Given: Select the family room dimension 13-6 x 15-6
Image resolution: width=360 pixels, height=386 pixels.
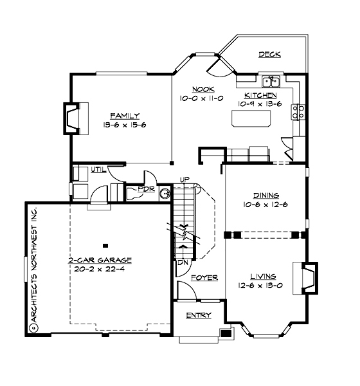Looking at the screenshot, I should (x=125, y=125).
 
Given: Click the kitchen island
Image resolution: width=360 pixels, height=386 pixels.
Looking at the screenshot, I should (x=251, y=119).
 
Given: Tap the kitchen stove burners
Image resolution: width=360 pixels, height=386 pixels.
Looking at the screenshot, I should (x=298, y=113).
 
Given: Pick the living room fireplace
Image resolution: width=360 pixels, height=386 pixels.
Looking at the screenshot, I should (x=309, y=276).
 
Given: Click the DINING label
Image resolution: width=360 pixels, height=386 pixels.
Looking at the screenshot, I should (x=265, y=196).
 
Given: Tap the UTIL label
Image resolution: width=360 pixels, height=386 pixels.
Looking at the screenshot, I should (x=98, y=169).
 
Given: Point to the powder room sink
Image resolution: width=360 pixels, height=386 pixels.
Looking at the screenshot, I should (x=164, y=192).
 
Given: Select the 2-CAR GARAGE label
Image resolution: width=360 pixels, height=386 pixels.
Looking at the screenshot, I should (x=100, y=261).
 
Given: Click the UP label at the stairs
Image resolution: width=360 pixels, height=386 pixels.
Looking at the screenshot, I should (x=184, y=179).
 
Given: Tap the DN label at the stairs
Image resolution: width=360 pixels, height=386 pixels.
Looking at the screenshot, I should (x=182, y=263).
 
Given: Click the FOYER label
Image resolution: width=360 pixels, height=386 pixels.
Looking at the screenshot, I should (x=204, y=278).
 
